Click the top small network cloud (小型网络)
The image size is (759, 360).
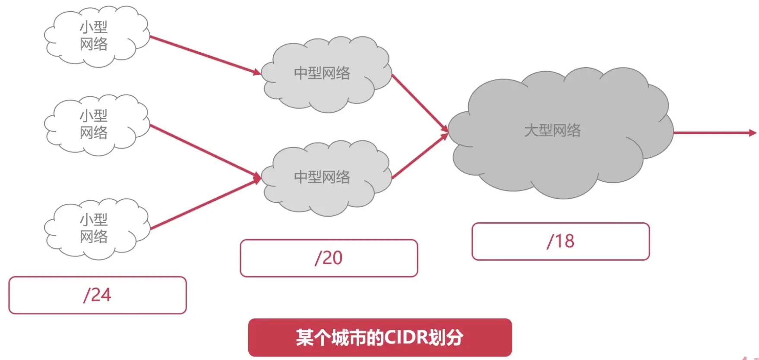click(x=95, y=37)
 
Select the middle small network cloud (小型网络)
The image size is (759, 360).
click(x=95, y=125)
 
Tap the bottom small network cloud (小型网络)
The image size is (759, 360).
click(x=95, y=229)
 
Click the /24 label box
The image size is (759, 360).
click(x=98, y=295)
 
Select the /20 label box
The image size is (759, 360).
click(x=329, y=258)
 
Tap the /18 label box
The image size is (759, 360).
click(x=560, y=241)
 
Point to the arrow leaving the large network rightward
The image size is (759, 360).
click(x=712, y=133)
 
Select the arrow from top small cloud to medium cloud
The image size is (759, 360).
click(x=203, y=54)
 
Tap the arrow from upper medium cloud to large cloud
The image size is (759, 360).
click(x=419, y=102)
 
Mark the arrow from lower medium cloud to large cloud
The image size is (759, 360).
click(x=419, y=157)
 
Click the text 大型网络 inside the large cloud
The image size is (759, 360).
click(x=552, y=130)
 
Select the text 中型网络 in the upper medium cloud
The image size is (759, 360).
click(x=322, y=73)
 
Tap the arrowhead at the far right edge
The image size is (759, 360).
click(x=753, y=133)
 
